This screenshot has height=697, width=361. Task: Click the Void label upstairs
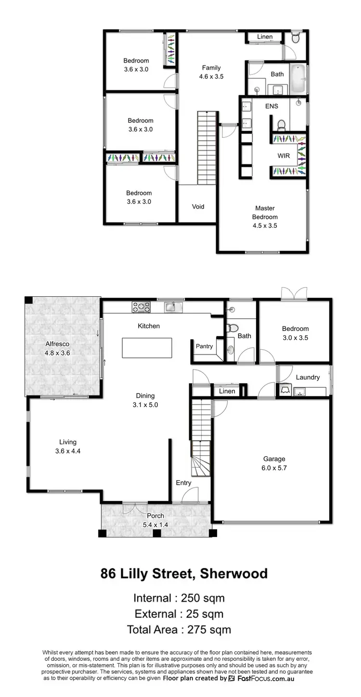point(198,207)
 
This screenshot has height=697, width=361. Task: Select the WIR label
point(283,157)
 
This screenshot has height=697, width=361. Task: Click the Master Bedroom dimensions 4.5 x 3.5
point(265,225)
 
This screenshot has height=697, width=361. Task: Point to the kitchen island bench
point(147,348)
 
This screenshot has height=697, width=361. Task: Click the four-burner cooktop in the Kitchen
point(141,307)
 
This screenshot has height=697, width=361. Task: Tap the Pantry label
point(204,346)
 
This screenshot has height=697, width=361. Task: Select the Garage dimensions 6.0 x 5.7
point(274,468)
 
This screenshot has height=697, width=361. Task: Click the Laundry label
point(308,377)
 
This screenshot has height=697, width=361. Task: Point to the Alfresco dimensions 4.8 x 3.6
point(58,353)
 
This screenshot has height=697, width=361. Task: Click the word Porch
point(155,516)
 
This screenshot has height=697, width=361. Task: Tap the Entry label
point(183,483)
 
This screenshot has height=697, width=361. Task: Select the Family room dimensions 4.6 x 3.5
point(211,76)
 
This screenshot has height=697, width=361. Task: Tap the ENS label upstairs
point(271,106)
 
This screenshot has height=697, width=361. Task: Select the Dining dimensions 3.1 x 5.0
point(147,405)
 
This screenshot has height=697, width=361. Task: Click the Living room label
point(68,442)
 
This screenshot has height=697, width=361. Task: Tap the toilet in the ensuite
point(282,125)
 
